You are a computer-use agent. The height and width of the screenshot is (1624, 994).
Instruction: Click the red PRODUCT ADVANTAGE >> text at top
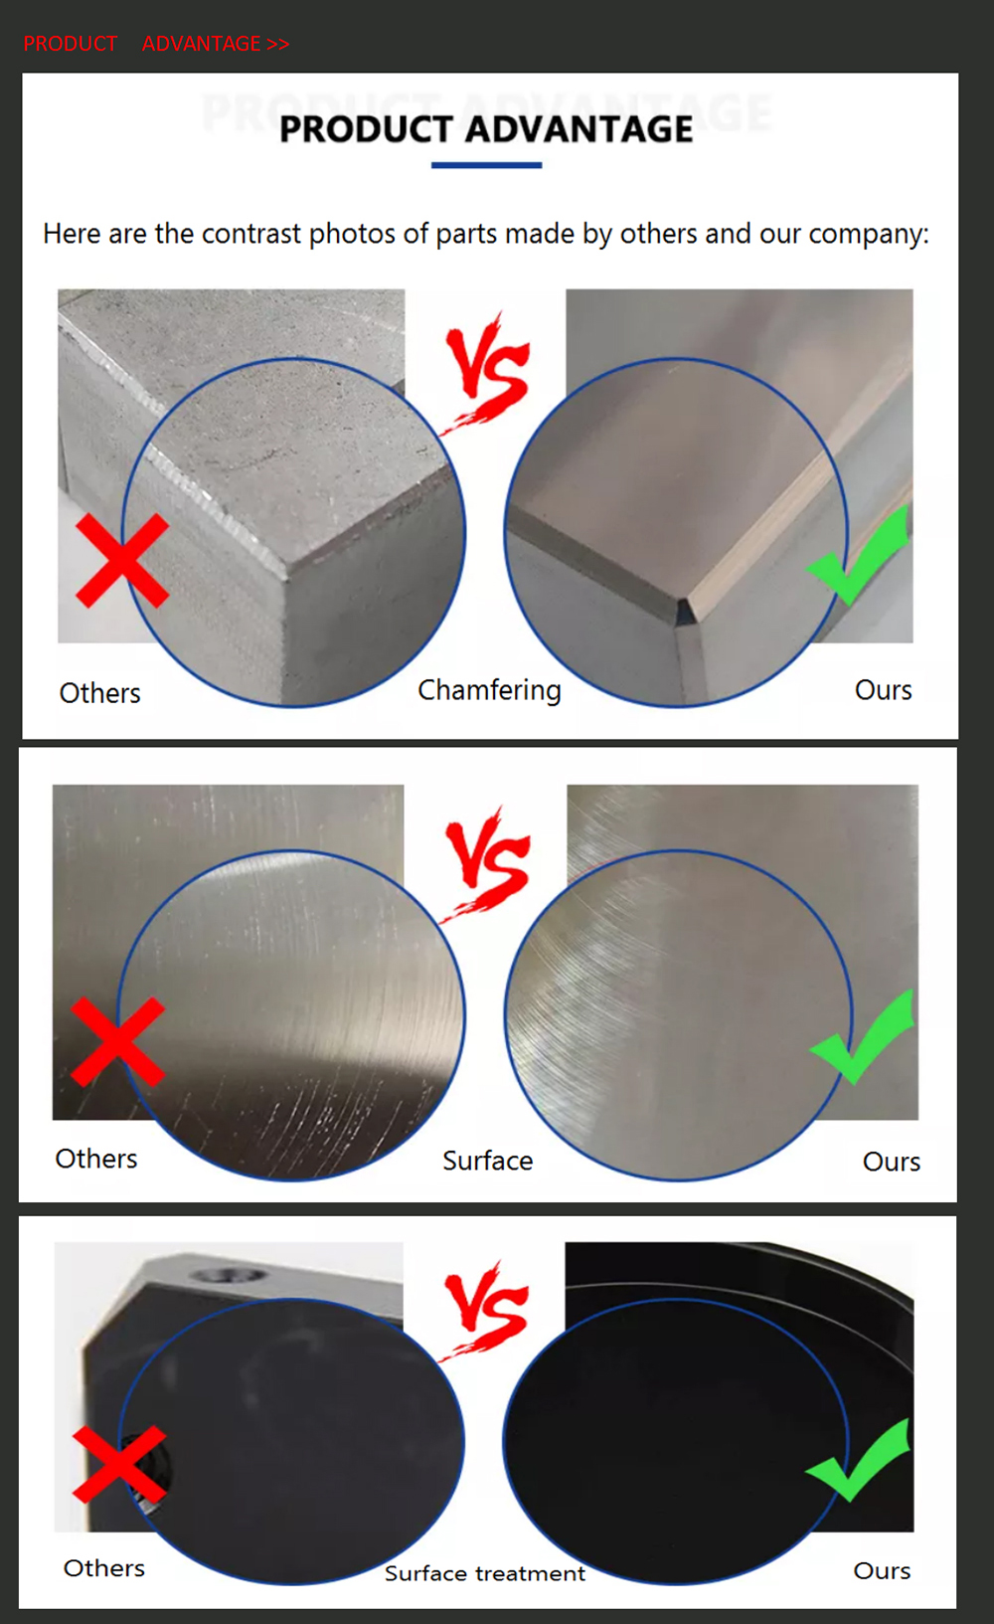click(156, 44)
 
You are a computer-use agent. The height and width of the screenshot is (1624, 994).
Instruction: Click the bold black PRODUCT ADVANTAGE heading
click(486, 129)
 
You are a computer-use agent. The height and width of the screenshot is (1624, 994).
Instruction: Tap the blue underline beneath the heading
click(486, 165)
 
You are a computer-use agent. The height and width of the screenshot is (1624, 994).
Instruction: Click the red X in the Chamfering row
click(122, 561)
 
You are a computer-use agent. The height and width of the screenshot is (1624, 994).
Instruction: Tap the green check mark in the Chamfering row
click(859, 555)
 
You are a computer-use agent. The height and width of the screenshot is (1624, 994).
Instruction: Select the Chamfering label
click(489, 690)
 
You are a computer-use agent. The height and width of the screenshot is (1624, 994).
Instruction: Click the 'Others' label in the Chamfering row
click(100, 693)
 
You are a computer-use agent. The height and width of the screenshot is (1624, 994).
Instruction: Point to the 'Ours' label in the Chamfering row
click(883, 690)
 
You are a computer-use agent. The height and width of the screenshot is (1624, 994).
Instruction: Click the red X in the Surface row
click(118, 1042)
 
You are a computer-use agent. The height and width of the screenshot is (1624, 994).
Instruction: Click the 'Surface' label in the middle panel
click(488, 1161)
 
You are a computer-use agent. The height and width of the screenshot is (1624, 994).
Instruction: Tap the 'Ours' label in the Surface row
click(892, 1162)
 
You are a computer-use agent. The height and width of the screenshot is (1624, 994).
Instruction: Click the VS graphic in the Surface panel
click(486, 864)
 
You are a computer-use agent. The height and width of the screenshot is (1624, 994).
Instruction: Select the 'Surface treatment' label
click(485, 1572)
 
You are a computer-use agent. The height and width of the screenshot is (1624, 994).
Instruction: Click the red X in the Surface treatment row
click(119, 1464)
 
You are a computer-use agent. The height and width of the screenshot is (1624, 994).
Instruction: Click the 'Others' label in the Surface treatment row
click(104, 1568)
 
